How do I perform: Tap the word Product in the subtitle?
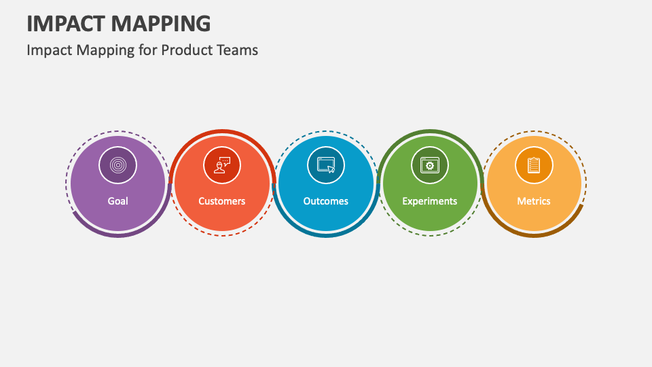click(183, 50)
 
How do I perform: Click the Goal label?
click(117, 201)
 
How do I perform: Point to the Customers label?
click(221, 201)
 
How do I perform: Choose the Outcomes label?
click(325, 201)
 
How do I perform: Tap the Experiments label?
click(429, 201)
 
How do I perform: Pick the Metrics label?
click(533, 201)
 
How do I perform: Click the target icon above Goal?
click(117, 164)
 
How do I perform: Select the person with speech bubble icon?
click(221, 164)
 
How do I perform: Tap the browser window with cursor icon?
click(325, 164)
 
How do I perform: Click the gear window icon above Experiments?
click(429, 164)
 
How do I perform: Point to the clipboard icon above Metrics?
click(533, 164)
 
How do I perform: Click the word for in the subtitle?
click(148, 50)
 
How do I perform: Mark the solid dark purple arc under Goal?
click(118, 235)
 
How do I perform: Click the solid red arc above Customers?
click(221, 132)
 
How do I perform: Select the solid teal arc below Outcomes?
click(326, 235)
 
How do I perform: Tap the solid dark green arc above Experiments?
click(429, 132)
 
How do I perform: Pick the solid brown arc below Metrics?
click(534, 235)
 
